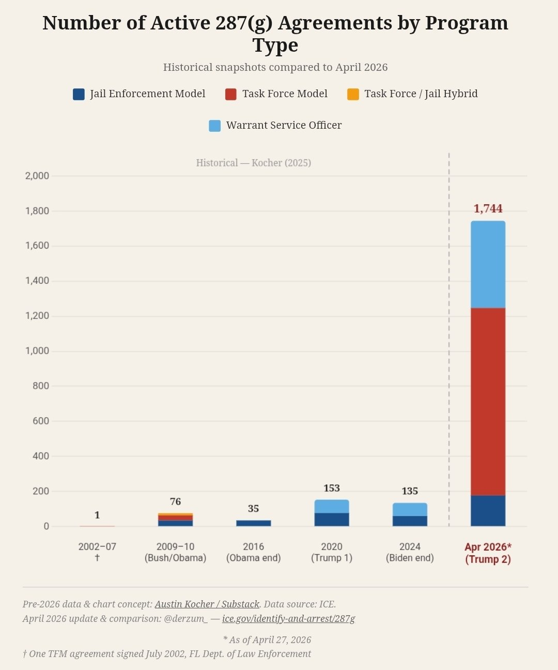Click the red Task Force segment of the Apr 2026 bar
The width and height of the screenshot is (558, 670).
(488, 402)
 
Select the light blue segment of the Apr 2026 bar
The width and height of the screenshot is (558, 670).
(488, 265)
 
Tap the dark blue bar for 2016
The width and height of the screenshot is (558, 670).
(253, 523)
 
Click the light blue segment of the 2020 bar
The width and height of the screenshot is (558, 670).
(332, 507)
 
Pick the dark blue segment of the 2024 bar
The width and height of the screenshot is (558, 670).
(410, 521)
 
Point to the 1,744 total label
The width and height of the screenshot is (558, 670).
(488, 209)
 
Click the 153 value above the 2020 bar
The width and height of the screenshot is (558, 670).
(332, 488)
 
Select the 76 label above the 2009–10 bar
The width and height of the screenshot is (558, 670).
(175, 501)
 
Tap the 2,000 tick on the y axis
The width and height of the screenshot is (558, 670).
(37, 176)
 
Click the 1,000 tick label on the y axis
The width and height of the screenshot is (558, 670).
(37, 351)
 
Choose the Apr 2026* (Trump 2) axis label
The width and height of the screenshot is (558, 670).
(488, 553)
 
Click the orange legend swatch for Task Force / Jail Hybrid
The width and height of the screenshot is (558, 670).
(353, 94)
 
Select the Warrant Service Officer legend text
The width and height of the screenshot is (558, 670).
(284, 125)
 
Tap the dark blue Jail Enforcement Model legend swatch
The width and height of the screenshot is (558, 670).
(79, 94)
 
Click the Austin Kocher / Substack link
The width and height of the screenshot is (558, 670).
(207, 604)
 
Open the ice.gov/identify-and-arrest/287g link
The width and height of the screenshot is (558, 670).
(288, 618)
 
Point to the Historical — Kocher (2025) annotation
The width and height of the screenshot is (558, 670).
(253, 163)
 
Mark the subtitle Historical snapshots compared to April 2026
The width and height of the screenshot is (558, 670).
(275, 67)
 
